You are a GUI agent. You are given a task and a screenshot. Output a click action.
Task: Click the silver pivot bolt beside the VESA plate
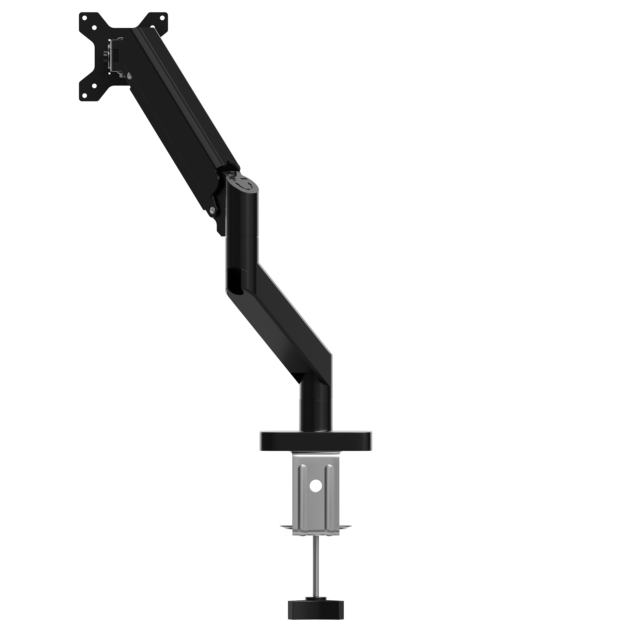click(130, 76)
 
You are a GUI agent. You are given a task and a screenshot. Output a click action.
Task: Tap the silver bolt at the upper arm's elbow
click(213, 209)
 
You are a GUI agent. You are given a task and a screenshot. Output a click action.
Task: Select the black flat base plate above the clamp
click(316, 440)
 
